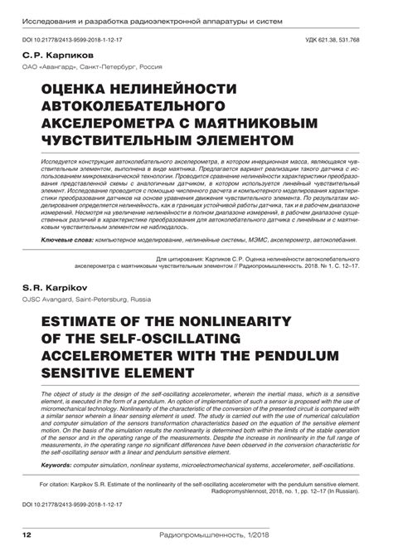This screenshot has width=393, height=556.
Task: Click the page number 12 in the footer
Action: pos(27,534)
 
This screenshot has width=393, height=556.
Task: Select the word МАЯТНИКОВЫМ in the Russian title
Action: pos(261,123)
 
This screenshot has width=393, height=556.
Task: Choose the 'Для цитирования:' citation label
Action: pos(182,237)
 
